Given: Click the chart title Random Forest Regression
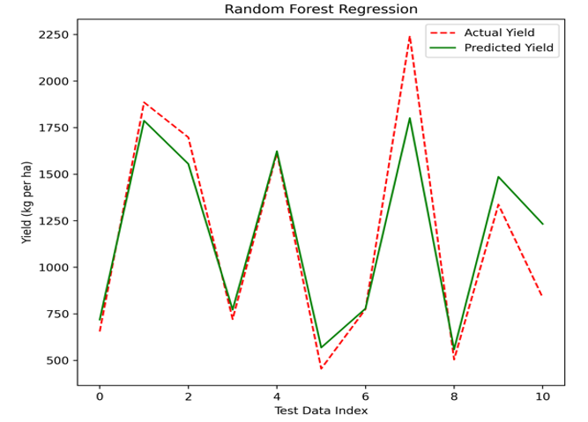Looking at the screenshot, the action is click(321, 9).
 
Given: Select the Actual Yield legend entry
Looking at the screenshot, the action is click(482, 33).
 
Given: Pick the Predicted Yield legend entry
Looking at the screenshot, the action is click(491, 48).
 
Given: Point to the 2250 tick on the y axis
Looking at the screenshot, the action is click(54, 34).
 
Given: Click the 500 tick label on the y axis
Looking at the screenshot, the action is click(59, 360).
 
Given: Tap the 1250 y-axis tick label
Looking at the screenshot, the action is click(54, 221).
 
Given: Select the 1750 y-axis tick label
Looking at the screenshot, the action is click(54, 128).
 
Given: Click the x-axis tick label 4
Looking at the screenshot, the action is click(277, 396).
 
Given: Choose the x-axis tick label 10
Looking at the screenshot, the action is click(542, 396).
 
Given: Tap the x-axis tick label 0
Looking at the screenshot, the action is click(100, 396).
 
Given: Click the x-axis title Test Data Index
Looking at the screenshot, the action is click(321, 411).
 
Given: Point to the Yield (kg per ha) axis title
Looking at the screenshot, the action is click(26, 203).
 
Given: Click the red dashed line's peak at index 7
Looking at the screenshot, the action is click(410, 36).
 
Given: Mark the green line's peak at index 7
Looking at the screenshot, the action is click(410, 118).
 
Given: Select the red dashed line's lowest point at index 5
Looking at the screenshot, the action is click(321, 369).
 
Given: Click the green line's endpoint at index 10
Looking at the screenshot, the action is click(542, 224).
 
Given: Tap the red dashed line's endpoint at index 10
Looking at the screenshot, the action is click(542, 296).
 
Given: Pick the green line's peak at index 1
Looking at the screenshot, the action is click(144, 121).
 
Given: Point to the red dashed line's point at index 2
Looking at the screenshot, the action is click(189, 137).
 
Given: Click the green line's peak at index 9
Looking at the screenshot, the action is click(498, 177).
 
